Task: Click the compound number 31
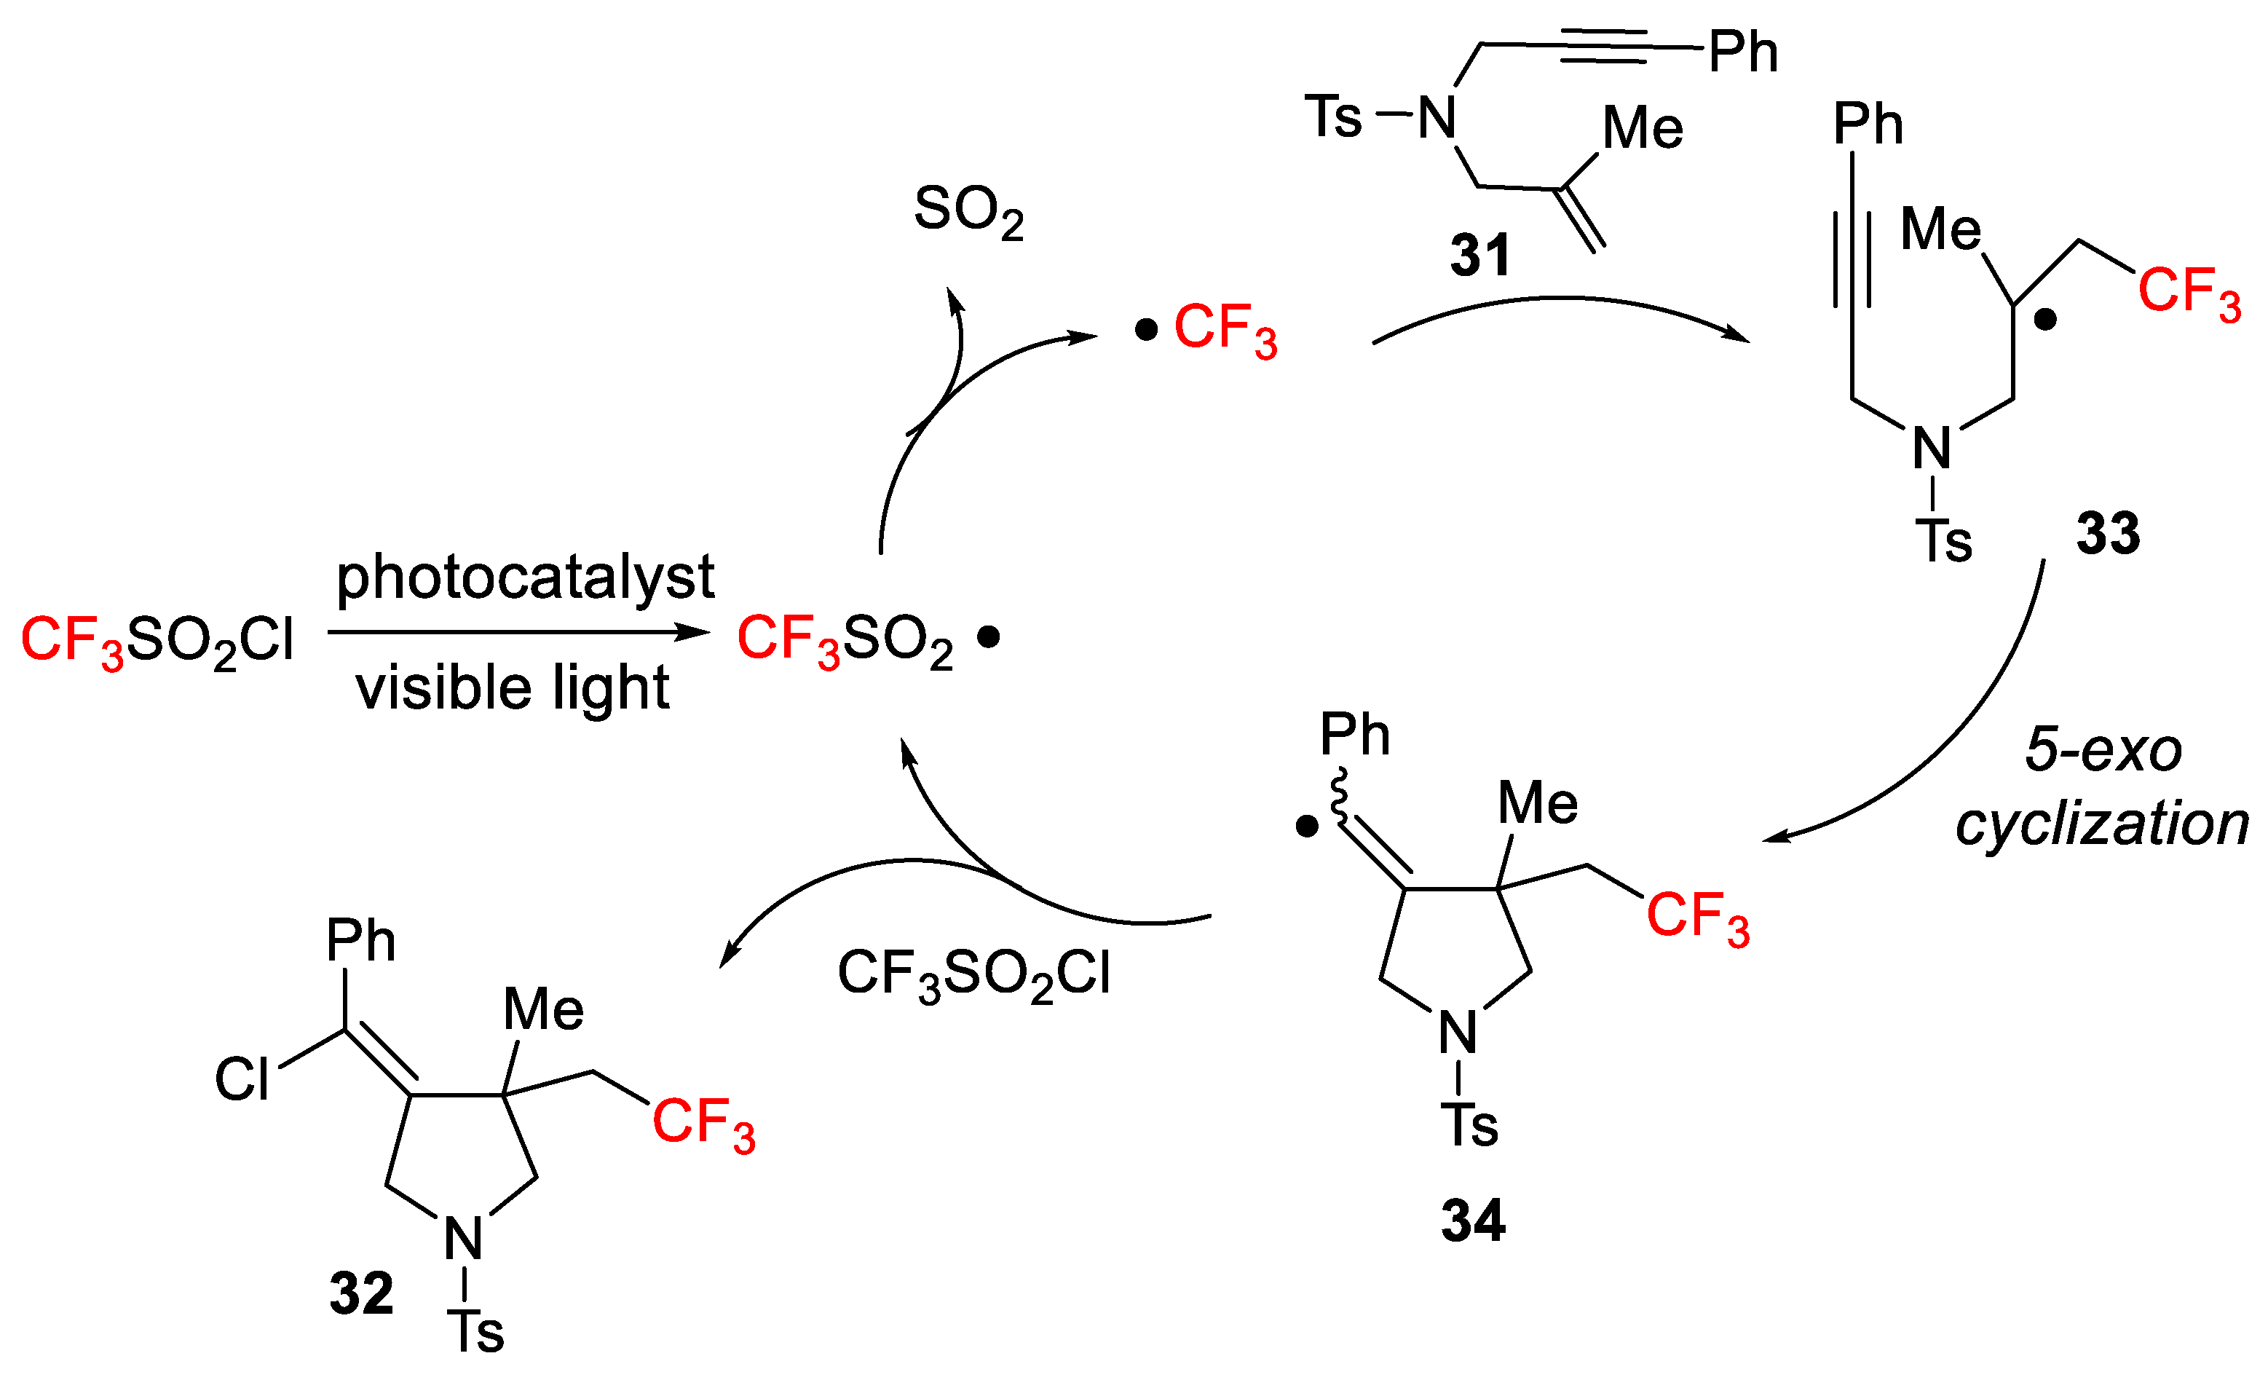pyautogui.click(x=1480, y=255)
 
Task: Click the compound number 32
pyautogui.click(x=362, y=1293)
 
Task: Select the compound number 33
pyautogui.click(x=2108, y=533)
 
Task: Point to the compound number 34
pyautogui.click(x=1473, y=1221)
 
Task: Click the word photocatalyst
pyautogui.click(x=525, y=578)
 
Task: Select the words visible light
pyautogui.click(x=513, y=687)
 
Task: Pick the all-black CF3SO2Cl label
pyautogui.click(x=974, y=974)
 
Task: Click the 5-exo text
pyautogui.click(x=2103, y=749)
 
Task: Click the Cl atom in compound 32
pyautogui.click(x=242, y=1079)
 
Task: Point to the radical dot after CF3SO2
pyautogui.click(x=989, y=636)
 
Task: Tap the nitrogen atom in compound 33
pyautogui.click(x=1931, y=449)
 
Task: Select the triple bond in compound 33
pyautogui.click(x=1852, y=261)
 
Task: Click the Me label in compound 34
pyautogui.click(x=1537, y=803)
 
